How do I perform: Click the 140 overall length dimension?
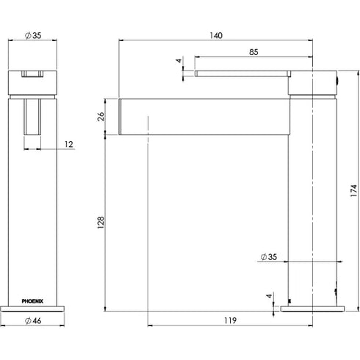tap(216, 35)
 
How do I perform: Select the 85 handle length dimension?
tap(252, 51)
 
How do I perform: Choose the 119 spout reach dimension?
tap(229, 320)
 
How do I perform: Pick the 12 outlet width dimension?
tap(68, 145)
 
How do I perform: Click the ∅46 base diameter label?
tap(32, 320)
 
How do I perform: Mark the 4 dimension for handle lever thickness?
tap(179, 61)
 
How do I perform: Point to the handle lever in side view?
tap(242, 72)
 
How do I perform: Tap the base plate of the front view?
tap(32, 306)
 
